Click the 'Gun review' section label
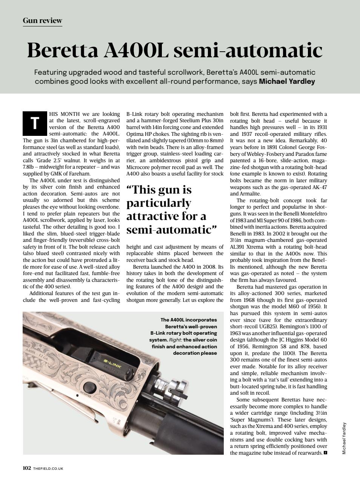click(42, 20)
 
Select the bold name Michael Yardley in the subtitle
click(287, 81)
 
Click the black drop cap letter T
click(34, 123)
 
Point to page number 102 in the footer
click(27, 468)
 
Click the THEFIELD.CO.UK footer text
click(48, 468)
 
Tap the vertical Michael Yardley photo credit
click(344, 438)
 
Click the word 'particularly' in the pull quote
click(158, 203)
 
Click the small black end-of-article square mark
click(325, 452)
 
